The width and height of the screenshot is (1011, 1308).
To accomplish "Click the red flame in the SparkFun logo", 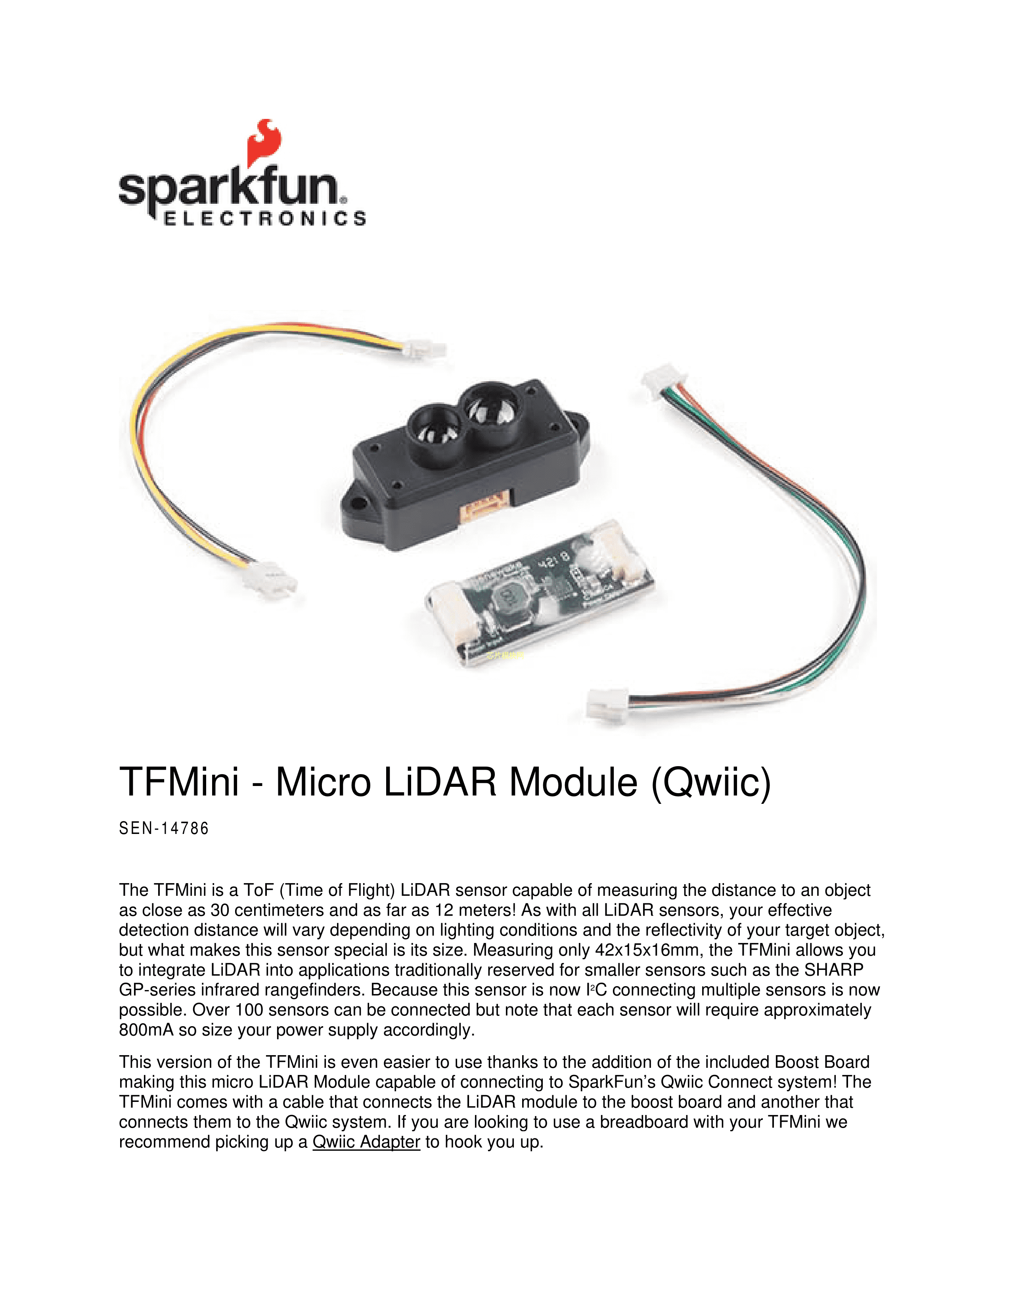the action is pos(264,143).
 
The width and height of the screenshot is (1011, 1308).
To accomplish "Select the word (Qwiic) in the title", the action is pos(712,783).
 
